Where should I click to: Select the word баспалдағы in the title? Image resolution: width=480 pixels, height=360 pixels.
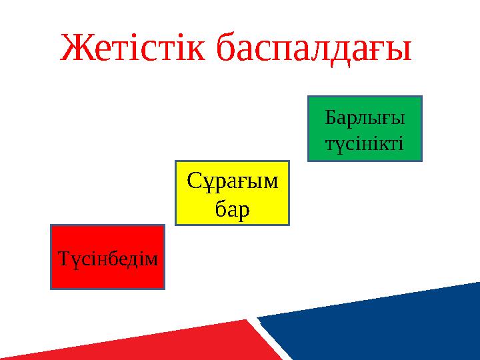(x=315, y=48)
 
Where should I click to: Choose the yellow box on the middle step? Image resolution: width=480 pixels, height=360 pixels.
(x=232, y=193)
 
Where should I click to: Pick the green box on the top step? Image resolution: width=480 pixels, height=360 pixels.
(x=365, y=129)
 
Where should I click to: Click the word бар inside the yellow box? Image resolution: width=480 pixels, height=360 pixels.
(x=232, y=209)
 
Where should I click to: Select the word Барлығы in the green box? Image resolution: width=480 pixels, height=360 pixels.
(x=365, y=119)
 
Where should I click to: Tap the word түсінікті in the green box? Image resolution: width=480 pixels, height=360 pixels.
(x=364, y=143)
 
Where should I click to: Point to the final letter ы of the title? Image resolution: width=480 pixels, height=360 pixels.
(x=398, y=51)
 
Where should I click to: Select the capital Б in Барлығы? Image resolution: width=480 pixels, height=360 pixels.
(x=330, y=118)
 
